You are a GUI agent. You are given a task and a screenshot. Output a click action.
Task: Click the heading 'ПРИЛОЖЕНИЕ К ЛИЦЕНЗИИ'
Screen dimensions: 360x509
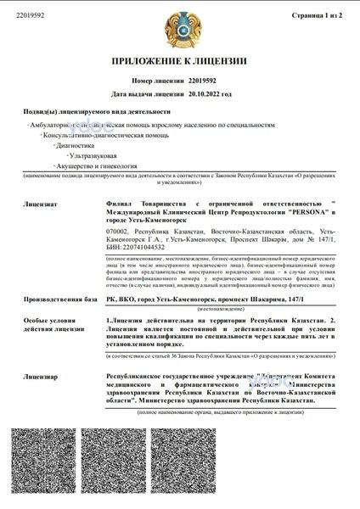tap(179, 61)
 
